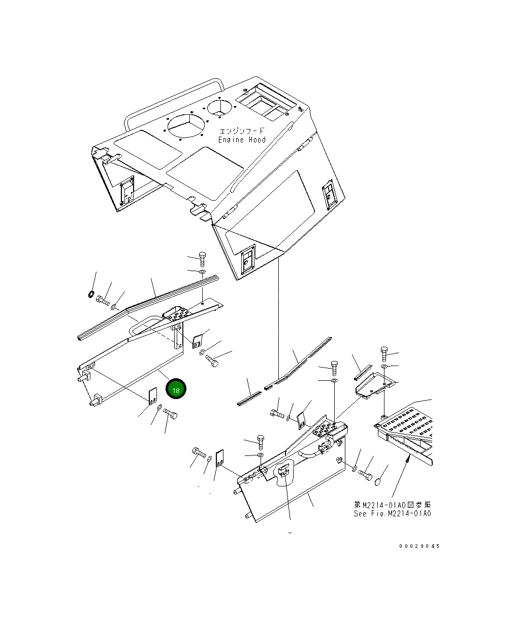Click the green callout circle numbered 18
(x=176, y=390)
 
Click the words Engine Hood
(x=242, y=140)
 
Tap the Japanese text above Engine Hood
(x=242, y=130)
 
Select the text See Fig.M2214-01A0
(x=392, y=513)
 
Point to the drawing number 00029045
(x=419, y=546)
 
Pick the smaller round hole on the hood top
(x=220, y=107)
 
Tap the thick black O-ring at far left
(x=90, y=294)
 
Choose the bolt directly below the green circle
(x=171, y=418)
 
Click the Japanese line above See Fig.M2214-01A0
(x=392, y=505)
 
